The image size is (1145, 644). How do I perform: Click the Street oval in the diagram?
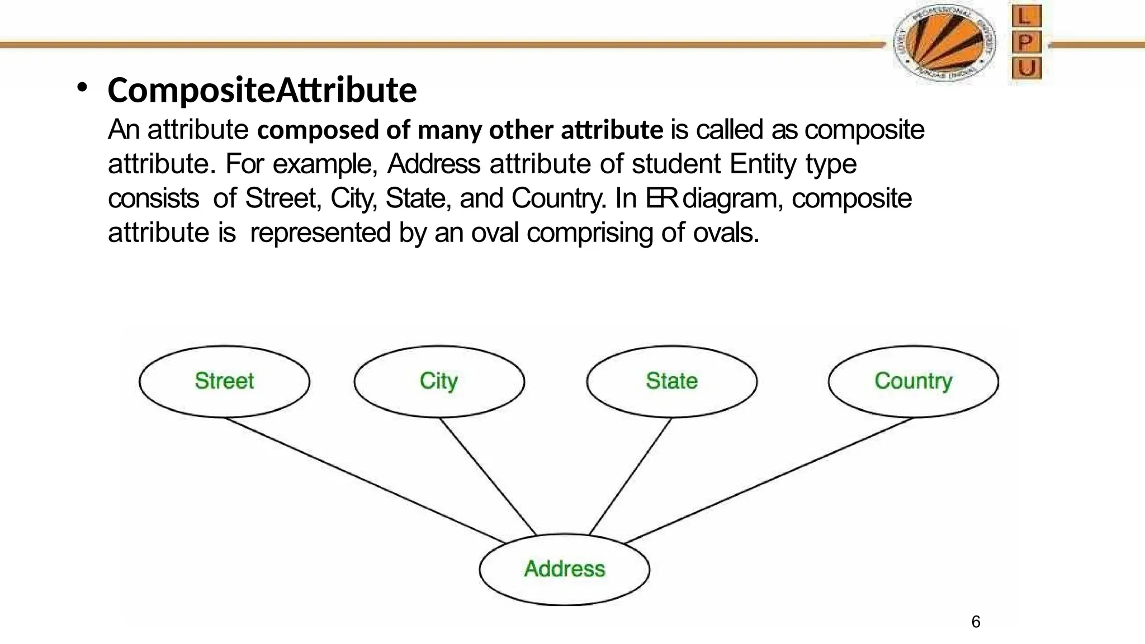tap(224, 381)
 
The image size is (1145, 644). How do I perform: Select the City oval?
tap(439, 381)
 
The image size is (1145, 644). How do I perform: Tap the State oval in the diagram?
tap(671, 381)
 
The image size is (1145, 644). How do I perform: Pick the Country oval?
tap(913, 381)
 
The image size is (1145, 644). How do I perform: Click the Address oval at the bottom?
tap(564, 569)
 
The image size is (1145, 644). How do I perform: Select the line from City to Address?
tap(488, 476)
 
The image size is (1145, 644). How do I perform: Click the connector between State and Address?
tap(631, 476)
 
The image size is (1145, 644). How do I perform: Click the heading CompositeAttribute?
tap(262, 91)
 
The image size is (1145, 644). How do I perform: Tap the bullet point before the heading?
tap(83, 88)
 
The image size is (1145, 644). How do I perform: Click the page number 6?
tap(976, 622)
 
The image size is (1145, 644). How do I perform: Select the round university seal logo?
tap(944, 44)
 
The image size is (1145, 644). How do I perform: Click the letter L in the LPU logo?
tap(1026, 17)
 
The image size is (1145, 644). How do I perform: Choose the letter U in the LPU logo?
tap(1026, 69)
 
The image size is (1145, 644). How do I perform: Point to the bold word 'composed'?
tap(317, 130)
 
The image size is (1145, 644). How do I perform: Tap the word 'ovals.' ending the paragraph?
tap(726, 233)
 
